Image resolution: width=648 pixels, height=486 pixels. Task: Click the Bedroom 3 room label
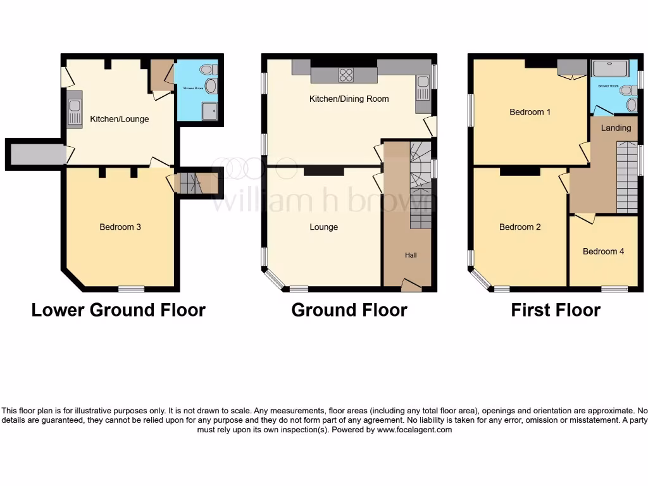[120, 227]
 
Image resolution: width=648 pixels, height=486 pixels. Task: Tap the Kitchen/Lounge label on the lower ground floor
[120, 119]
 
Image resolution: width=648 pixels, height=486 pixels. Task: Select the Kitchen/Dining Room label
[349, 99]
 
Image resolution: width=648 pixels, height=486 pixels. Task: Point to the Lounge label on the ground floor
[323, 227]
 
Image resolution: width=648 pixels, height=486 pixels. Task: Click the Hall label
[411, 255]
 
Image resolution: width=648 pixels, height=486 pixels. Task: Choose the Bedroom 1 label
[530, 112]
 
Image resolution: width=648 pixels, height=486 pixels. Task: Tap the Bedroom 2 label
[520, 227]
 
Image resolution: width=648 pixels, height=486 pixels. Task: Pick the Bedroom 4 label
[603, 251]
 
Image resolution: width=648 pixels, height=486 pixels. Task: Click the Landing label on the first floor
[616, 128]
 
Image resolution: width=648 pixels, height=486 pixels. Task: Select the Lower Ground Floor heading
[118, 310]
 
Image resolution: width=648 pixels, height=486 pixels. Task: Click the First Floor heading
[556, 310]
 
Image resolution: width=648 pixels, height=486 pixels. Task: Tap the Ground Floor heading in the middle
[349, 310]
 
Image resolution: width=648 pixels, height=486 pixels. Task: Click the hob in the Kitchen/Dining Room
[346, 75]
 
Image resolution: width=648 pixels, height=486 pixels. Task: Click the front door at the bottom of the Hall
[411, 287]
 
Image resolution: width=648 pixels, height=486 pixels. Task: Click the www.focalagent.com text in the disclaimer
[414, 430]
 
